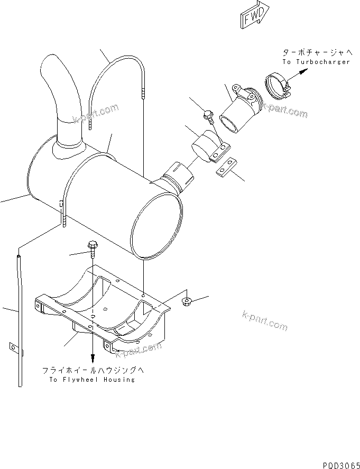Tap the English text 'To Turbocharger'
(316, 62)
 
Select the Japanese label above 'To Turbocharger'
(317, 52)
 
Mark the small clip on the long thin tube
(13, 348)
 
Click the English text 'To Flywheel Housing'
(92, 380)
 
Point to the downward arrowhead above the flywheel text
(93, 361)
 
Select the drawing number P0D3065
(338, 462)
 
